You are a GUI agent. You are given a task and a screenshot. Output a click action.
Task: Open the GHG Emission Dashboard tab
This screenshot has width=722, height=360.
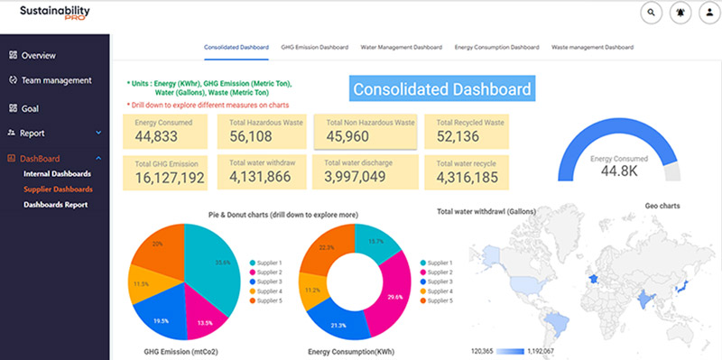(314, 46)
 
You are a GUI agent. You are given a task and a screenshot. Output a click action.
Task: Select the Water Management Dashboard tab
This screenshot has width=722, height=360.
(401, 46)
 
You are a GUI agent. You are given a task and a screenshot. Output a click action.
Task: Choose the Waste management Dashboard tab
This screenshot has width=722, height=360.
(592, 46)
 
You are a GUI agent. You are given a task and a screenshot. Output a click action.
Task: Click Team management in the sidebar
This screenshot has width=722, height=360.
(56, 80)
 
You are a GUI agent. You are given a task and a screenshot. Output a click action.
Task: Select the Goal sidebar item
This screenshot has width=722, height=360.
(29, 108)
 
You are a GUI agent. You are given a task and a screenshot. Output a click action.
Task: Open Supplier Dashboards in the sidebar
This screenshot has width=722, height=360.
(58, 189)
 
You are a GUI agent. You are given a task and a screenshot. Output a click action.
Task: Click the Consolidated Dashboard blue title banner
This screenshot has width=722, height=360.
(441, 89)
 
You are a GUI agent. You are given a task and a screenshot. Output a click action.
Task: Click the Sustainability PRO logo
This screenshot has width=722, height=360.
(55, 15)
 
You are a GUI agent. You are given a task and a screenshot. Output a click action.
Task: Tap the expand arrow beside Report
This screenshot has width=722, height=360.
(98, 134)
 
